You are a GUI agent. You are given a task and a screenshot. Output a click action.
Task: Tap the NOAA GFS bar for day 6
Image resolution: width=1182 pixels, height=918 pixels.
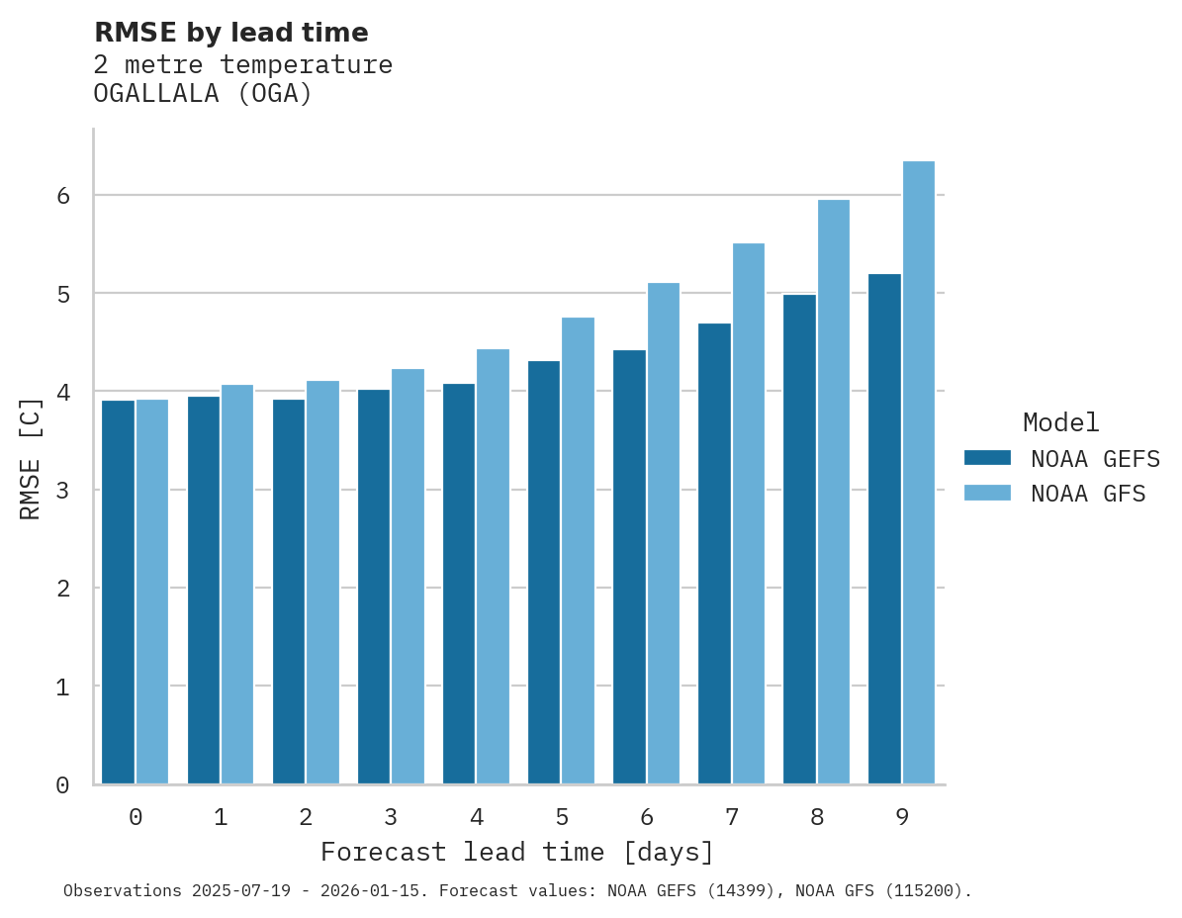(x=664, y=533)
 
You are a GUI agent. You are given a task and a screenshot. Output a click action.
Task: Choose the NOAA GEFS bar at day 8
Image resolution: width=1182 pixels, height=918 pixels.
(x=799, y=539)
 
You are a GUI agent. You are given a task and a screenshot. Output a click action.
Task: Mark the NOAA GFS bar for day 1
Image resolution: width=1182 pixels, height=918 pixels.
(x=237, y=584)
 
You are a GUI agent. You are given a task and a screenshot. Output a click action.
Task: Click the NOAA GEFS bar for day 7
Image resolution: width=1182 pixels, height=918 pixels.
(x=714, y=553)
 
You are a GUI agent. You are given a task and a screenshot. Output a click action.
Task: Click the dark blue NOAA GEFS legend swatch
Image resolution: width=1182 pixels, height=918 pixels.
(x=987, y=458)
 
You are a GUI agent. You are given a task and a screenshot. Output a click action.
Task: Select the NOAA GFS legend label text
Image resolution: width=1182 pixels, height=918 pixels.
(x=1088, y=494)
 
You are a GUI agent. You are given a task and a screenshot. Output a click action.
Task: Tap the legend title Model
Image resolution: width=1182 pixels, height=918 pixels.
(x=1060, y=422)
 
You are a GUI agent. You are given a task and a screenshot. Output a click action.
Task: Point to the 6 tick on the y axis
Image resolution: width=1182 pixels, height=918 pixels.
(x=62, y=196)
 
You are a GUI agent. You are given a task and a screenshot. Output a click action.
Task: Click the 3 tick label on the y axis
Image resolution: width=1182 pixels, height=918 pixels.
(x=62, y=490)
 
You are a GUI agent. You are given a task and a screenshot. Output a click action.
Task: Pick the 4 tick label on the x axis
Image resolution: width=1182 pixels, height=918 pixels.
(x=477, y=817)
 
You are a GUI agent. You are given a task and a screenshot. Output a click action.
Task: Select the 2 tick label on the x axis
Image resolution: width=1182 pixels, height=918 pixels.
(x=306, y=817)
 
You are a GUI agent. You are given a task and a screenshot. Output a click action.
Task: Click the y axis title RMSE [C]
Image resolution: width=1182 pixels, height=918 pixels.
(x=31, y=458)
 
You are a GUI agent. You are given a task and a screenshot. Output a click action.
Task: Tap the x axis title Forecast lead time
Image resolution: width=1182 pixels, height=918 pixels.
(x=516, y=852)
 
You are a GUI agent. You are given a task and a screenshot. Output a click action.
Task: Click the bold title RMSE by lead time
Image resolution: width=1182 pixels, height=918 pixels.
(x=230, y=33)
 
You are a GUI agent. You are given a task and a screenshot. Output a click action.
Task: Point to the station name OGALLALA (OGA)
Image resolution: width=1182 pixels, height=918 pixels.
(x=203, y=94)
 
